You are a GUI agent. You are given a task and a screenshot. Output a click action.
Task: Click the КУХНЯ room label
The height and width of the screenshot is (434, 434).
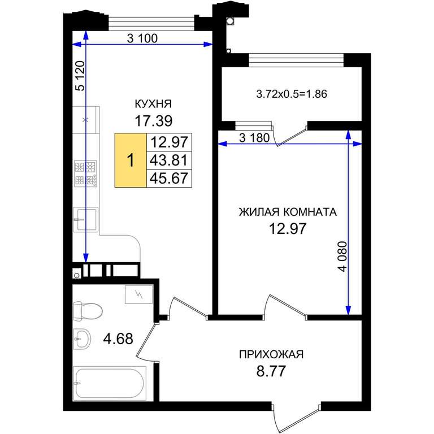[153, 104]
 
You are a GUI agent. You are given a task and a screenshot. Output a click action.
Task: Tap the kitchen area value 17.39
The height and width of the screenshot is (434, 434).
[154, 121]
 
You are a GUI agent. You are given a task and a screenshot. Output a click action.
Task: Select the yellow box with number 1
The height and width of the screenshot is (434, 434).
[131, 160]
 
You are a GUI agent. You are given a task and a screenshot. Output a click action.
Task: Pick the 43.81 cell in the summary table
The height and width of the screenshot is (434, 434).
[168, 160]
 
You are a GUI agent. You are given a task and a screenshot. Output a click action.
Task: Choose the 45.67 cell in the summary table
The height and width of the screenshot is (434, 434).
[168, 178]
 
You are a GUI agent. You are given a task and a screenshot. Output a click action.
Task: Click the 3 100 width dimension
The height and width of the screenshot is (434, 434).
[142, 38]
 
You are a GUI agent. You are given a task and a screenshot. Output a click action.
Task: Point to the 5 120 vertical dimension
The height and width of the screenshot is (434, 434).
[81, 76]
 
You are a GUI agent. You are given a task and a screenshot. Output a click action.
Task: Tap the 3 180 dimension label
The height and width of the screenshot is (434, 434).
[254, 137]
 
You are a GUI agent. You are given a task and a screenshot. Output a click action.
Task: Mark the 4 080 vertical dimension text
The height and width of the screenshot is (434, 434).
[342, 257]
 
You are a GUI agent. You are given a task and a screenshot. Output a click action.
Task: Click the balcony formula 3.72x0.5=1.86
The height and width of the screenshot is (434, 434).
[292, 94]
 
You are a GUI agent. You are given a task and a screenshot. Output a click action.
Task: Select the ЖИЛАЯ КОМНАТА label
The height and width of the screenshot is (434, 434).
[288, 212]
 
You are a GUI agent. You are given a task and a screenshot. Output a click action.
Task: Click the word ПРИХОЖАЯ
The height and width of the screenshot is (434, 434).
[271, 354]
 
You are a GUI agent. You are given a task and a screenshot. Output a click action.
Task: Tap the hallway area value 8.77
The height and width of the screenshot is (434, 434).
[271, 371]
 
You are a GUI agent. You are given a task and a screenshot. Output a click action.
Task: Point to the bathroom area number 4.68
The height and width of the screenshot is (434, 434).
[118, 338]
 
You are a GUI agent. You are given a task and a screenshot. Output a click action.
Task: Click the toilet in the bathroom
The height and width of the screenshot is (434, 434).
[88, 311]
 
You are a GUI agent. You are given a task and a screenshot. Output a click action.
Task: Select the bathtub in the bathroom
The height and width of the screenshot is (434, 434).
[110, 383]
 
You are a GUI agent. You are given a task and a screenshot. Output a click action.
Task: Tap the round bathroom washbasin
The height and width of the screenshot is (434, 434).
[82, 339]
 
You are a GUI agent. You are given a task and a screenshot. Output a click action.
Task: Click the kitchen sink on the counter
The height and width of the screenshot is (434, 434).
[85, 219]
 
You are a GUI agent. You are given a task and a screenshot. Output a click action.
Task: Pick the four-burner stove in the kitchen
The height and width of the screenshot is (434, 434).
[85, 173]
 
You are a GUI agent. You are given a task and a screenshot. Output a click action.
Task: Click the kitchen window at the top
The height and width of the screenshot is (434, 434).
[151, 23]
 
